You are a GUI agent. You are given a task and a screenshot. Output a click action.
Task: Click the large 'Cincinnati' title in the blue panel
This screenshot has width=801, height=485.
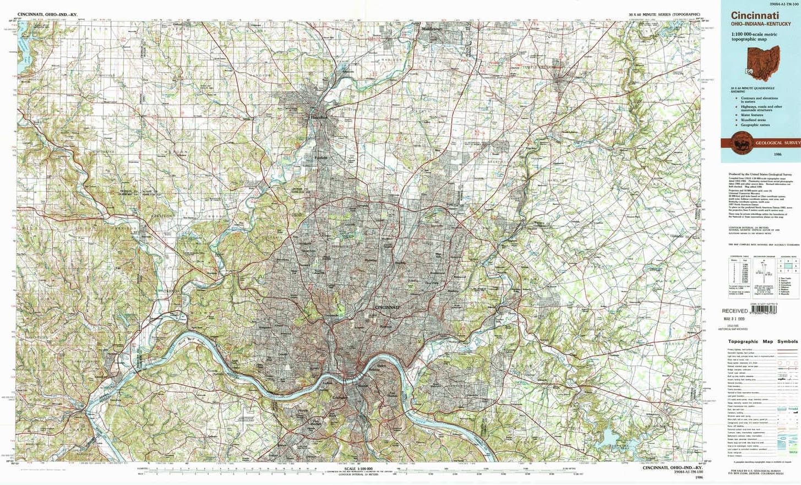coord(754,16)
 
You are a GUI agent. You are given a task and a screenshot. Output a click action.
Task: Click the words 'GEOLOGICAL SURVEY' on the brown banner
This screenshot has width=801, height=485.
coord(778,143)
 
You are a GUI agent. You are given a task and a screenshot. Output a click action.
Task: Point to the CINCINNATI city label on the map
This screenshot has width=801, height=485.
coord(388,306)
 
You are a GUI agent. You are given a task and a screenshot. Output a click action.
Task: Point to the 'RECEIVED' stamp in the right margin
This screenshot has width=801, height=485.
coord(735,311)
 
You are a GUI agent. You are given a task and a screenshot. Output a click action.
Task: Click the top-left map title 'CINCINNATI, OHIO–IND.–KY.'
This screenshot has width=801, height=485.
coord(51,14)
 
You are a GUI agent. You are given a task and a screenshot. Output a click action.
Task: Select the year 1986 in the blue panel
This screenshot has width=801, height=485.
coord(777,155)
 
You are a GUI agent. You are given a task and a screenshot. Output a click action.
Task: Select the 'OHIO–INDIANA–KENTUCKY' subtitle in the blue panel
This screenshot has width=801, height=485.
coord(761,24)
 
